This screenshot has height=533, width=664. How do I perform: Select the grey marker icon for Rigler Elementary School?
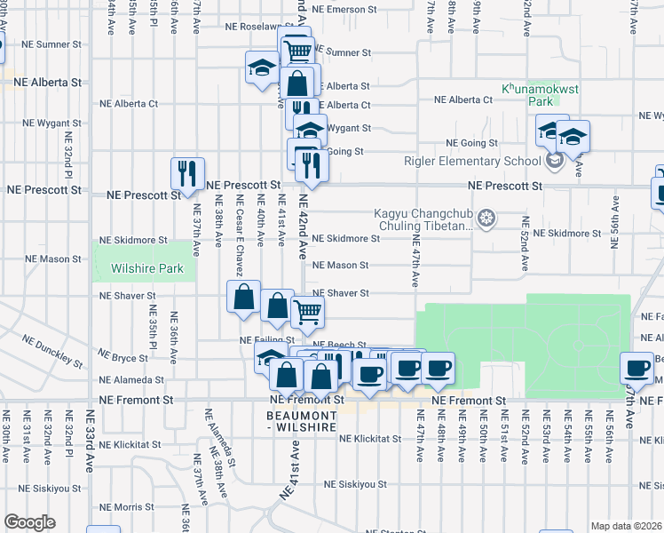tap(555, 161)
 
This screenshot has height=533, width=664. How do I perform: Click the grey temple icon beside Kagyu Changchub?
tap(486, 217)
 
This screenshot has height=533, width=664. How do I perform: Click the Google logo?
tap(29, 522)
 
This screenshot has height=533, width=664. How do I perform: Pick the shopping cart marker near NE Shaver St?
tap(307, 311)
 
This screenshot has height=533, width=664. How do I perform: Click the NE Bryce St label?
tap(123, 357)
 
